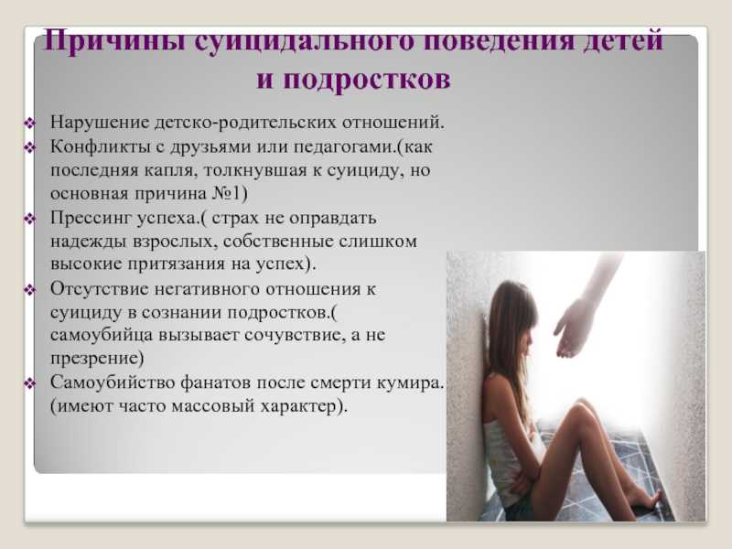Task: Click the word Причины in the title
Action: pos(114,41)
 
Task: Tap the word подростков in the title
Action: pos(367,79)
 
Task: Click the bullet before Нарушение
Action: pos(30,124)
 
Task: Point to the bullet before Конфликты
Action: pos(30,148)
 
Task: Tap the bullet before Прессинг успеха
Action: pos(30,219)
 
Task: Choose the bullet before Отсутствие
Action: pos(30,290)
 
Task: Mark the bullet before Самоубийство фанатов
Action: pos(30,384)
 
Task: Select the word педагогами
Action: pos(342,147)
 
